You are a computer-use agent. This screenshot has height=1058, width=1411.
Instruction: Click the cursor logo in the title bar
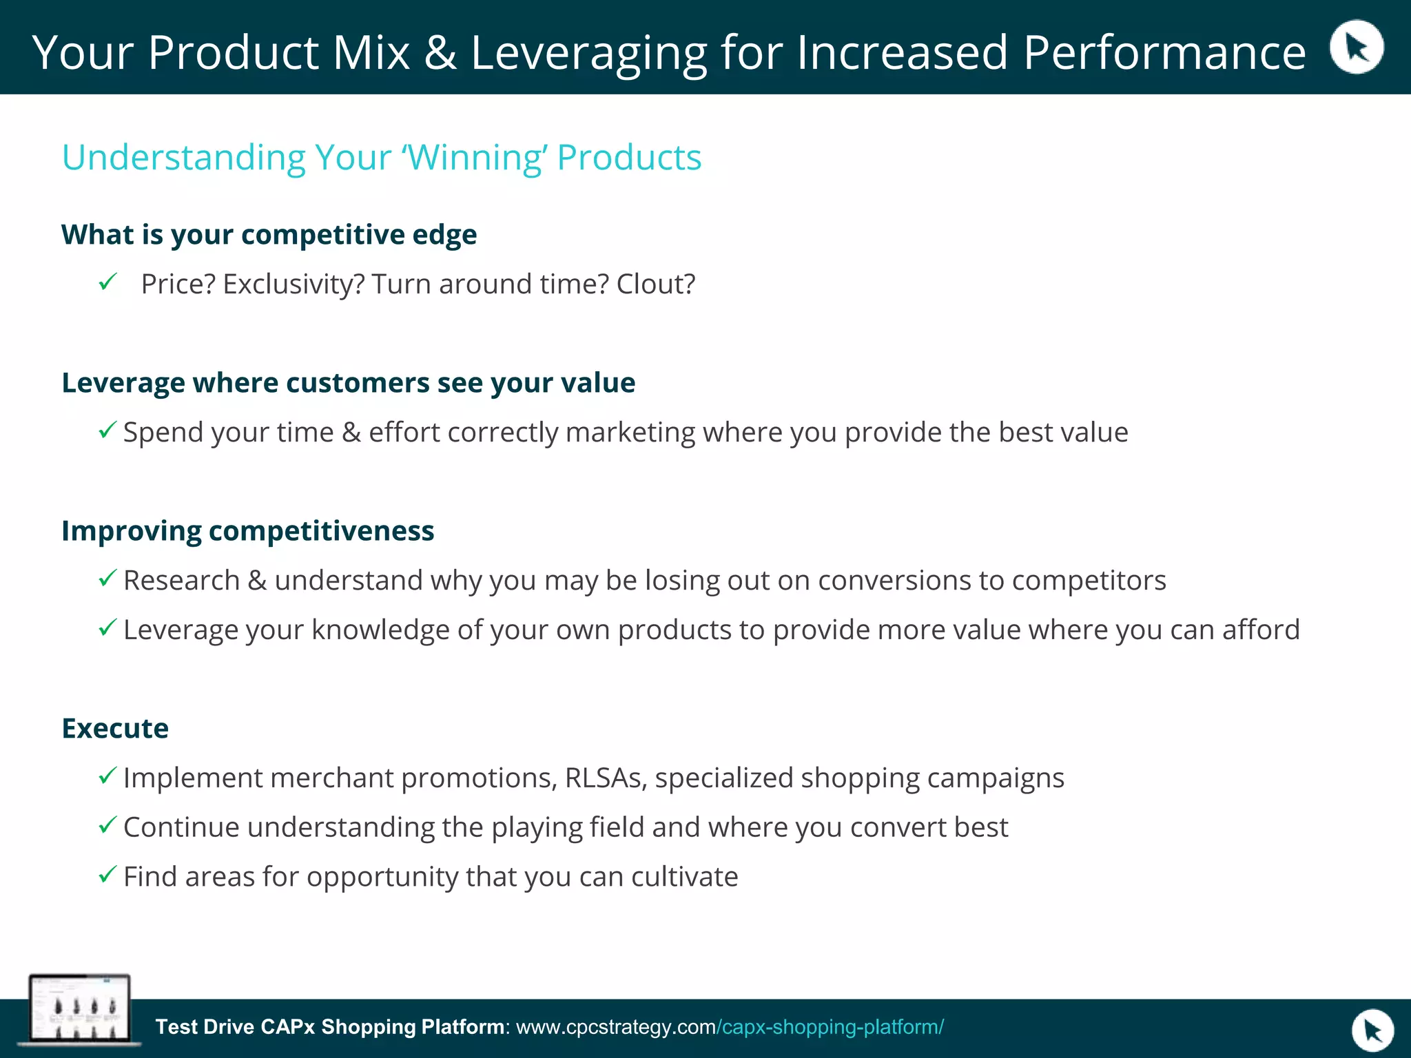[1356, 47]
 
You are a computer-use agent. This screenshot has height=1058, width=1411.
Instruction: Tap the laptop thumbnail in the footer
[79, 1009]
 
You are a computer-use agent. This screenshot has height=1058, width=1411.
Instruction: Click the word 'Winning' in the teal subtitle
[475, 157]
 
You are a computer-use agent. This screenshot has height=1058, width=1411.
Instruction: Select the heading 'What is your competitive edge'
[269, 235]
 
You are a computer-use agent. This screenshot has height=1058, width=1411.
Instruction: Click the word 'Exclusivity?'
[293, 284]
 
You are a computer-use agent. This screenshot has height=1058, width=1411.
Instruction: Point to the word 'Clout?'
[655, 284]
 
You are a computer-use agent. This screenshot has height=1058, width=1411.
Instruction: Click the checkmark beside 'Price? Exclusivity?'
[108, 282]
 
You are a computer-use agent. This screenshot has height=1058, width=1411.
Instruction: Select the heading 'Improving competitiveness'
[247, 531]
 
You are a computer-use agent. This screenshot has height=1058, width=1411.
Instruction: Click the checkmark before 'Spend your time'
[107, 431]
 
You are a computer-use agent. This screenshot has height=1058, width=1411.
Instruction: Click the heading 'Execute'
[115, 729]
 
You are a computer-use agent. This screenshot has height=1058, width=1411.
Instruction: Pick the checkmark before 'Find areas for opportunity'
[107, 875]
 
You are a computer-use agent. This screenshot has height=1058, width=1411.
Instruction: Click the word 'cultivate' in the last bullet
[684, 877]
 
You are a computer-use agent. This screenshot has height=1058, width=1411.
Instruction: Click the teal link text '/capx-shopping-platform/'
[830, 1027]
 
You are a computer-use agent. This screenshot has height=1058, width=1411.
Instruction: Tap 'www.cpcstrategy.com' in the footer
[616, 1027]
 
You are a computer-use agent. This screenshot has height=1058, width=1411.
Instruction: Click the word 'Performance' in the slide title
[1164, 52]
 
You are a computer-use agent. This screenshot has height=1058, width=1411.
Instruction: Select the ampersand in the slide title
[440, 52]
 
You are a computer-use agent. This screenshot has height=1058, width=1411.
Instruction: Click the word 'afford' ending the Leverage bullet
[1261, 630]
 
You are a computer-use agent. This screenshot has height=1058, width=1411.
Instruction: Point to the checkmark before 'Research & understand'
[107, 579]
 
